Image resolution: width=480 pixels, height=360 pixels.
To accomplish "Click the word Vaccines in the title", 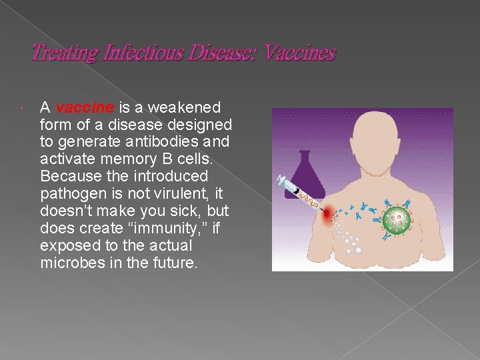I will coord(299,53).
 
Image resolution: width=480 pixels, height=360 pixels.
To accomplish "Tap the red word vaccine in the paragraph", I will coord(77,107).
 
